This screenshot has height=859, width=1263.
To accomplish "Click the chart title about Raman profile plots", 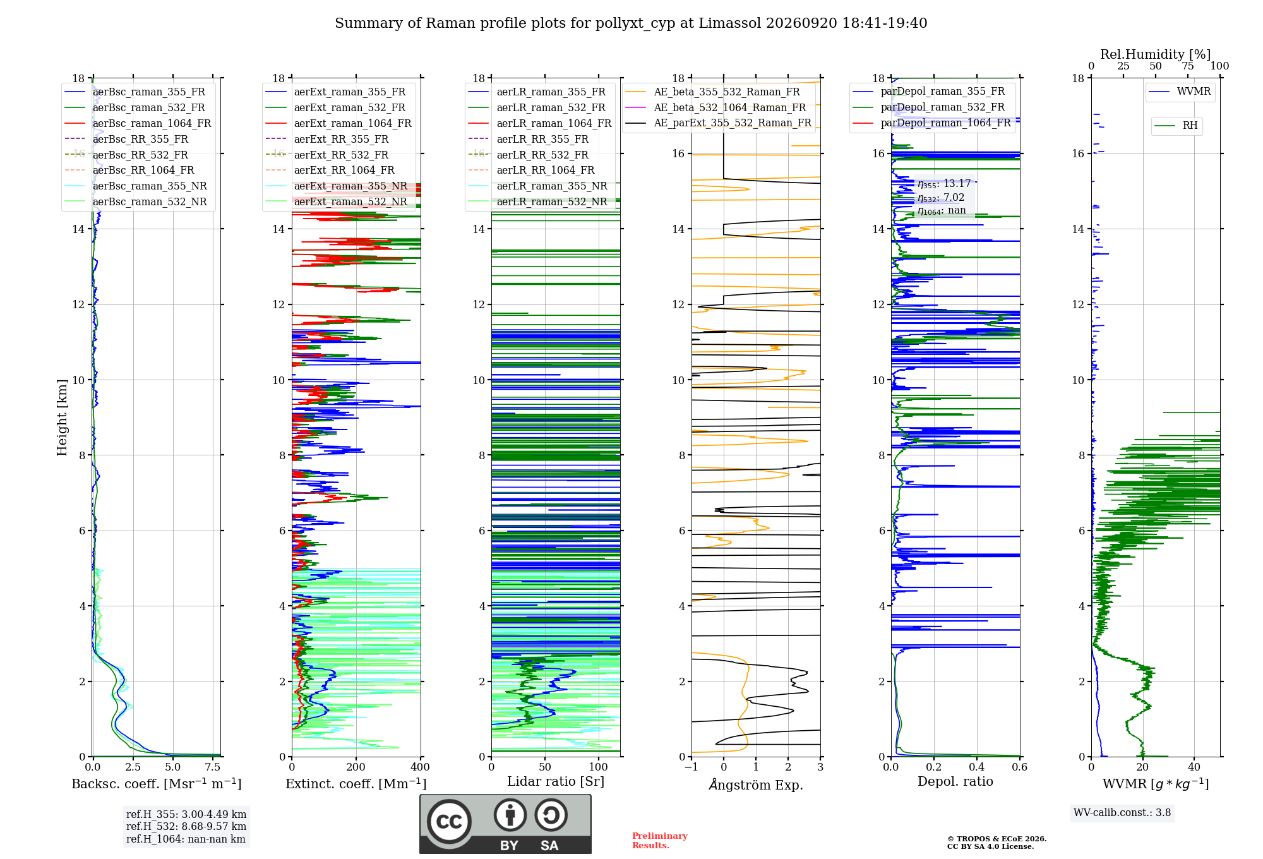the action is click(x=631, y=23).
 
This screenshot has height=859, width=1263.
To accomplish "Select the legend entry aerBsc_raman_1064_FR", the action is click(x=152, y=123).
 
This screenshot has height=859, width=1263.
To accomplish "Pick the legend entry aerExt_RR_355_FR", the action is click(x=341, y=139).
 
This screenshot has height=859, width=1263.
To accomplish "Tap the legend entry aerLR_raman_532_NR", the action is click(x=552, y=201).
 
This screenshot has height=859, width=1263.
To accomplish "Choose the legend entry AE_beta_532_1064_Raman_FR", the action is click(x=730, y=107).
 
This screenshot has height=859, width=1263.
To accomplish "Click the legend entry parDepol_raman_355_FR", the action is click(x=943, y=91).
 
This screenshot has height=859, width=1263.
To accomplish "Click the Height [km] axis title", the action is click(x=62, y=417).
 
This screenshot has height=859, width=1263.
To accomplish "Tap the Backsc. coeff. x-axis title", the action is click(x=157, y=784).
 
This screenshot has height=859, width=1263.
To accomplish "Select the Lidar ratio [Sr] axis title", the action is click(x=556, y=782).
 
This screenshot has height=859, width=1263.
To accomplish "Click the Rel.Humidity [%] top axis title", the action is click(x=1156, y=54).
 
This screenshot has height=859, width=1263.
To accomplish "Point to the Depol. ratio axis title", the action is click(x=955, y=781).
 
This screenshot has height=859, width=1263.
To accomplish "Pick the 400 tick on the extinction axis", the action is click(x=420, y=767).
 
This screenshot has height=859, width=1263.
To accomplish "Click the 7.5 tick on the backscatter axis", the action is click(x=213, y=767).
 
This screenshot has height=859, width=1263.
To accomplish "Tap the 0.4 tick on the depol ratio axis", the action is click(x=977, y=767).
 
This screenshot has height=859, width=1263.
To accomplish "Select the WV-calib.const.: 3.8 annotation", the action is click(x=1122, y=813).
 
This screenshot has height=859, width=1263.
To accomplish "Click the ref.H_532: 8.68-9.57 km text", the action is click(x=186, y=826).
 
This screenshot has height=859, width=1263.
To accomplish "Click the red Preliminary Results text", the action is click(x=660, y=841).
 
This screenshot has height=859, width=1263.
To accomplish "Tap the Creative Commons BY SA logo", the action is click(x=506, y=824).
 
